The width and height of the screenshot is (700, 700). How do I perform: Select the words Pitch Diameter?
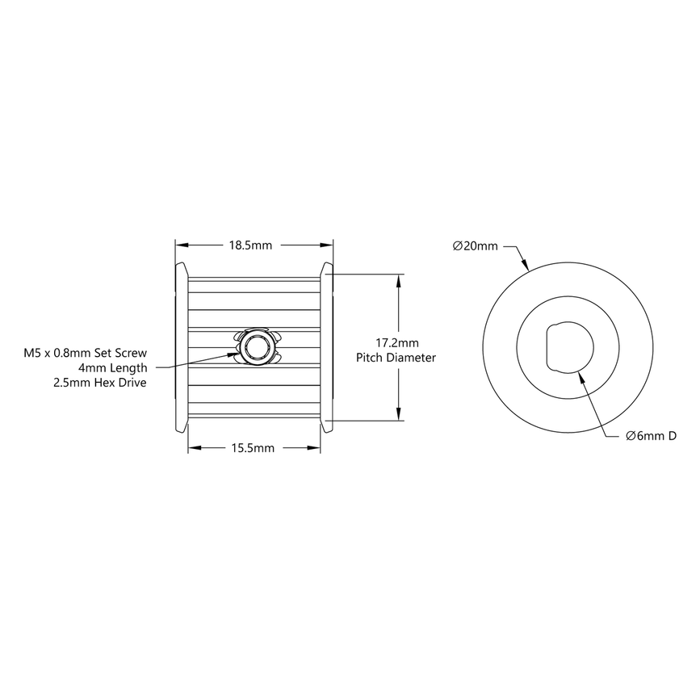(396, 357)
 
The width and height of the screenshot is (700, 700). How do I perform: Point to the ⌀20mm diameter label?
(476, 245)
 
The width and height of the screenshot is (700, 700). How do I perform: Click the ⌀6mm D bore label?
(651, 436)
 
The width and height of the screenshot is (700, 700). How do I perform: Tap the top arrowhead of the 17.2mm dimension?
(399, 279)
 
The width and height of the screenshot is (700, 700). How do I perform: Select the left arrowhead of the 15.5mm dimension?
(194, 447)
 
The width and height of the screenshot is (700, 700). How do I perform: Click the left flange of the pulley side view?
(182, 348)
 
